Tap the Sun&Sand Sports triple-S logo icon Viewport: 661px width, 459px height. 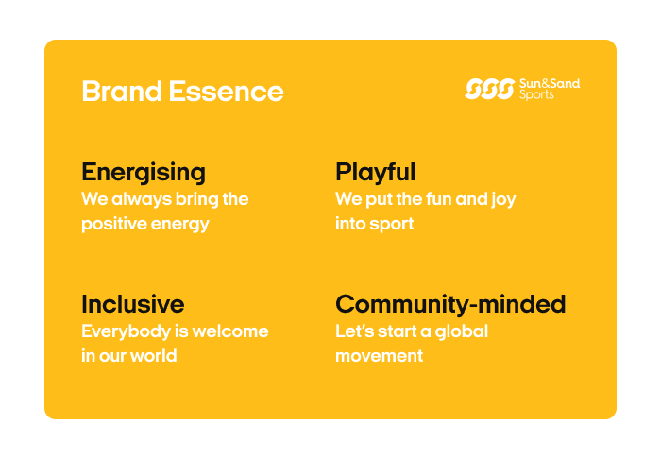tap(489, 90)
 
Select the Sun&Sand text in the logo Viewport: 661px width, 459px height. tap(550, 84)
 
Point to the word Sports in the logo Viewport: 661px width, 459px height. tap(537, 95)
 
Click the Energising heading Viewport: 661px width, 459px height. tap(144, 173)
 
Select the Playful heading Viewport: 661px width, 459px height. tap(375, 173)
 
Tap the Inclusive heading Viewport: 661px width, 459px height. tap(132, 305)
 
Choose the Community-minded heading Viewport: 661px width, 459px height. tap(450, 305)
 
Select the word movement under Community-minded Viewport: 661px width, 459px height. tap(379, 356)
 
